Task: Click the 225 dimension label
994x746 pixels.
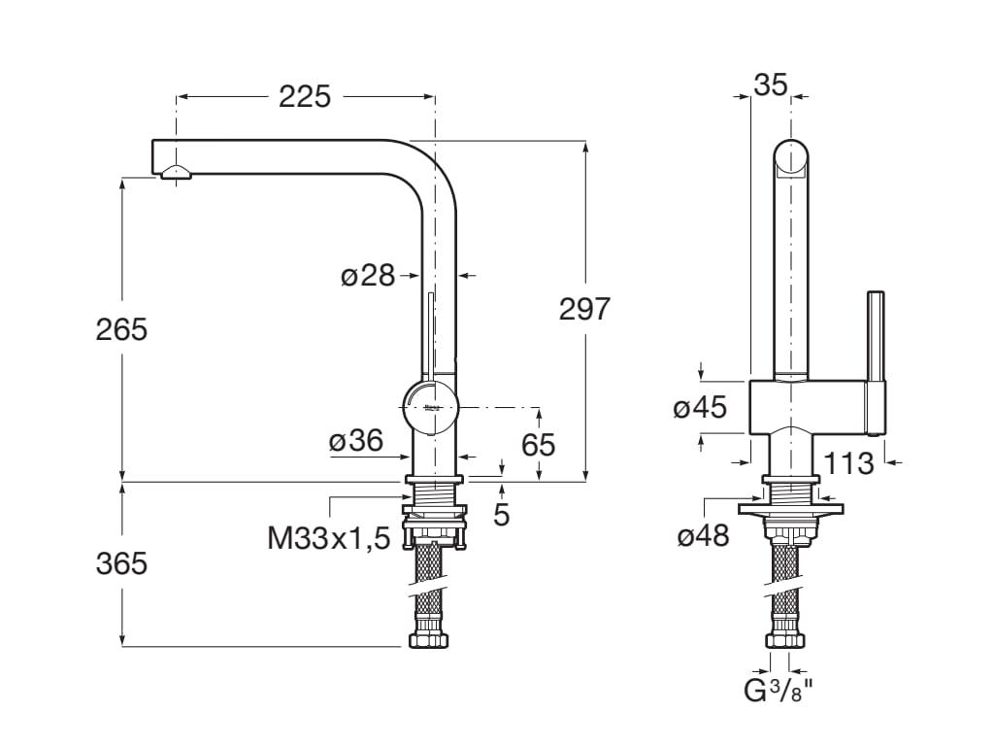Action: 305,96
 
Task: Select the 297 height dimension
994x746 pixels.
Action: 584,309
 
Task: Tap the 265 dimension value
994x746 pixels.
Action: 121,329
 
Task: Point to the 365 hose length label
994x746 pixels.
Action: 121,562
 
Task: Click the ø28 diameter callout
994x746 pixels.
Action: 368,276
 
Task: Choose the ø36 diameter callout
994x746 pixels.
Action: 355,441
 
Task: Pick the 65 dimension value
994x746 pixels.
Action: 539,444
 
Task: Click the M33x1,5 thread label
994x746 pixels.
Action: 328,537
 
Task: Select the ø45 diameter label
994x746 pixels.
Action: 700,407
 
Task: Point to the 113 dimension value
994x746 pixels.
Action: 850,463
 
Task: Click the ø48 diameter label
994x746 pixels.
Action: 703,535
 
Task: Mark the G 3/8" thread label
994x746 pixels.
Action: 778,692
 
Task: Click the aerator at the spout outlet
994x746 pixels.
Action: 177,173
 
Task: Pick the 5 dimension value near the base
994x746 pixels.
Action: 501,514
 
